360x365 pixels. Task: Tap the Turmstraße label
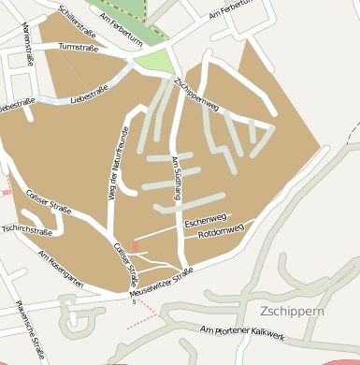77,46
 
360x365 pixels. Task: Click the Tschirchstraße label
25,229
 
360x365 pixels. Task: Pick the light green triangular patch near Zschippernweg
155,64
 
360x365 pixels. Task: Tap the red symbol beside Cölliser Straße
136,246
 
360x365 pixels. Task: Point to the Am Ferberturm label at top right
234,12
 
